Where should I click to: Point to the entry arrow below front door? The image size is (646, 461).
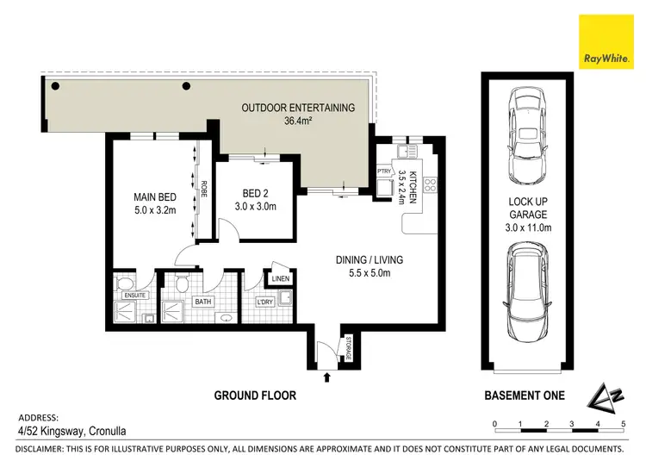[x=326, y=376]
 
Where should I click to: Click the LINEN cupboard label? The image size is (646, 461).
[x=281, y=278]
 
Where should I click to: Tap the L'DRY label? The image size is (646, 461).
[x=265, y=301]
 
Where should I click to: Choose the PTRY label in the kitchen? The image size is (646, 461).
[x=383, y=171]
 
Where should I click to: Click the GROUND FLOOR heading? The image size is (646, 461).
[x=254, y=396]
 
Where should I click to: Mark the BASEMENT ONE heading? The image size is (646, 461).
[x=525, y=396]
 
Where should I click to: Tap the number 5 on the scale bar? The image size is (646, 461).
[x=622, y=424]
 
